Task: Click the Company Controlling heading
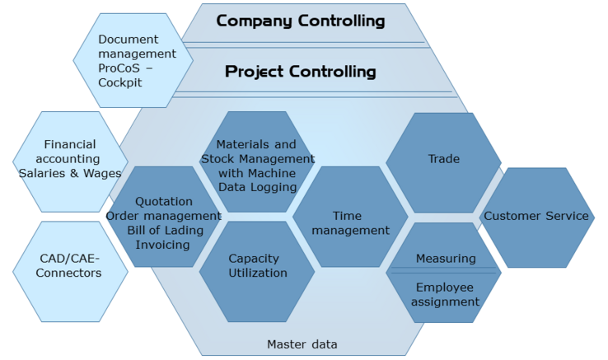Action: tap(300, 21)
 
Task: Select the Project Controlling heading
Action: tap(300, 72)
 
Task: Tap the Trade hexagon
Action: tap(443, 158)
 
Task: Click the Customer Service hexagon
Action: tap(536, 217)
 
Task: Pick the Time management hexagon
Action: tap(350, 223)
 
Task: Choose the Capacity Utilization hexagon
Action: tap(257, 265)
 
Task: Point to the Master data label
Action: tap(302, 344)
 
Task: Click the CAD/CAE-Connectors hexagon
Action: tap(69, 265)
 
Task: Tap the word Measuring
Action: tap(446, 259)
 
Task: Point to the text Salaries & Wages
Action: tap(70, 173)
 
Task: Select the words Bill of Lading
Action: tap(163, 230)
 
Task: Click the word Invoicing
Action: tap(163, 244)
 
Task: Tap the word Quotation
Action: tap(163, 201)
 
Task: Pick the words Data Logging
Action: tap(258, 187)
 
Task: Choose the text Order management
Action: tap(163, 216)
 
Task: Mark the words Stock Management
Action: tap(258, 158)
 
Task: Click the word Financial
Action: tap(70, 144)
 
